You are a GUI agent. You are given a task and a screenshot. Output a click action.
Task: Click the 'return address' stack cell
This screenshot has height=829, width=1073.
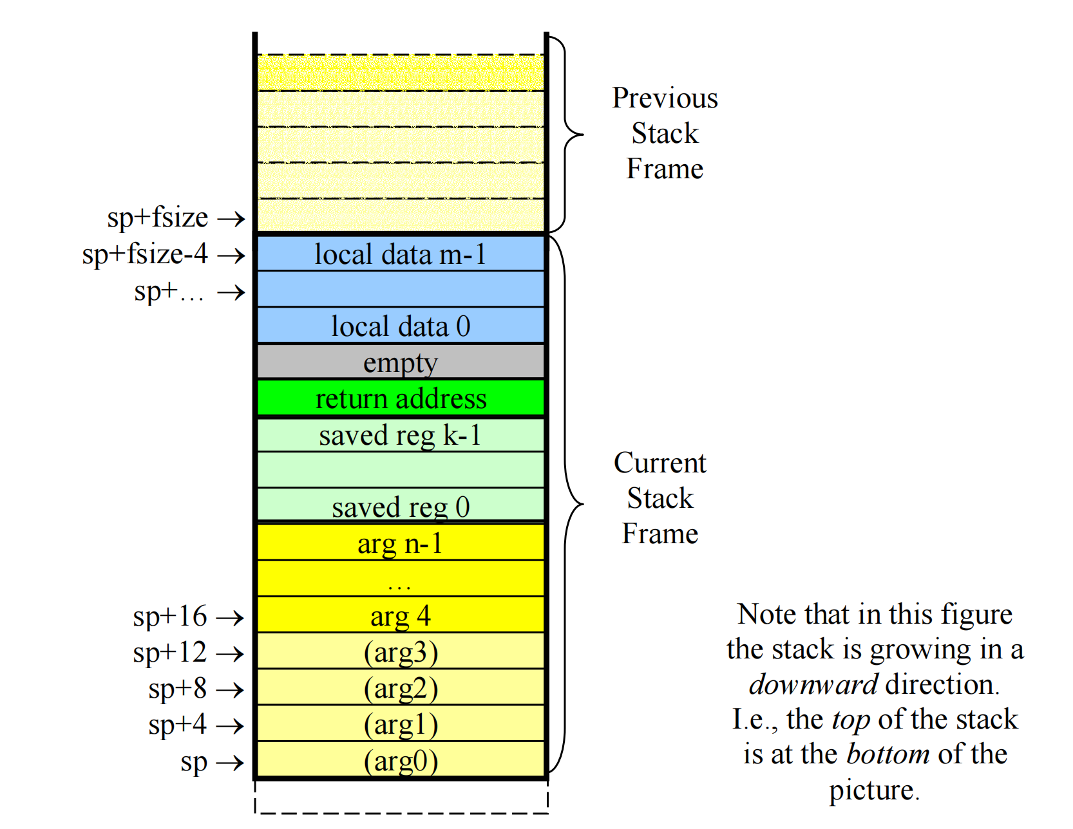click(x=401, y=398)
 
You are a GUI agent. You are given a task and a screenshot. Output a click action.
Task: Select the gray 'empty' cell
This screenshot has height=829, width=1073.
click(x=401, y=362)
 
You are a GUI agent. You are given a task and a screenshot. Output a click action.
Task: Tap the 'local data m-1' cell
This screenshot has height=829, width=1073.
click(x=401, y=254)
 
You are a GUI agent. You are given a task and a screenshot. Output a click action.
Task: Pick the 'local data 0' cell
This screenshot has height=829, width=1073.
click(x=401, y=326)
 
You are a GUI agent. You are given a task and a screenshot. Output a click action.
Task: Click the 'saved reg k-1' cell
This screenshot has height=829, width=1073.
click(x=401, y=435)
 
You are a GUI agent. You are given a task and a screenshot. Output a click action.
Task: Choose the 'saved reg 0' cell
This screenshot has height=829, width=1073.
click(x=401, y=507)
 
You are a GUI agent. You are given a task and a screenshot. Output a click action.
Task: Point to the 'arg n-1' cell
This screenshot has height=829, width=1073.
click(x=401, y=543)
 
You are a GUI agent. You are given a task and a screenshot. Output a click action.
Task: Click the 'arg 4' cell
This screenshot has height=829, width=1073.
click(x=401, y=616)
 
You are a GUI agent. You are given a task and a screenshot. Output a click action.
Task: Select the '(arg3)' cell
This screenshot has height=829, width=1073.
click(x=401, y=652)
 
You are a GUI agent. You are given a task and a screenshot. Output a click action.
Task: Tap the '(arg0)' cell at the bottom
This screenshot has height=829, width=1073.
click(x=401, y=761)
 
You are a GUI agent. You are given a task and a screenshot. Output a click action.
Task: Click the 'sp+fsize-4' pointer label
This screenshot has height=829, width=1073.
click(x=145, y=254)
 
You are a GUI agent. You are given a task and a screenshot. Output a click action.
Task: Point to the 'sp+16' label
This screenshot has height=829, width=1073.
click(x=170, y=617)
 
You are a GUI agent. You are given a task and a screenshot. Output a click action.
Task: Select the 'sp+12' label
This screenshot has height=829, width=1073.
click(x=170, y=653)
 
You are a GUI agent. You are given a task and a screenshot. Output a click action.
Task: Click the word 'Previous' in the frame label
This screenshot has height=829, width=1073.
click(x=665, y=98)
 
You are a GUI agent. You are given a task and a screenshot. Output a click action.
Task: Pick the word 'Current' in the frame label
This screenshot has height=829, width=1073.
click(x=660, y=463)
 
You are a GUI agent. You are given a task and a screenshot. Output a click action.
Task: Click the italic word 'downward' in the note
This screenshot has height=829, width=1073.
click(x=813, y=684)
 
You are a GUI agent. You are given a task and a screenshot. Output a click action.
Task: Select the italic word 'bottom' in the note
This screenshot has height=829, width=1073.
click(x=888, y=754)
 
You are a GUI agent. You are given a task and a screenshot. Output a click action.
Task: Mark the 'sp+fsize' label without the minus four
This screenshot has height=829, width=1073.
click(x=158, y=218)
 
